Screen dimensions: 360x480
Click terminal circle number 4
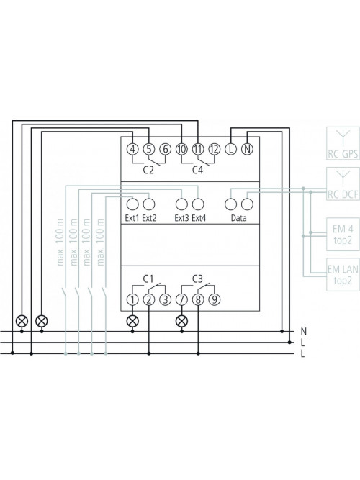click(132, 149)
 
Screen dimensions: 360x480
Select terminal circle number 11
click(198, 149)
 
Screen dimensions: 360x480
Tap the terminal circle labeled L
click(230, 149)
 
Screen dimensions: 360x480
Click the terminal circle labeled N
click(247, 149)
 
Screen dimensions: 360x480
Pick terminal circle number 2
click(149, 299)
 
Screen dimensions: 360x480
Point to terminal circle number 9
click(215, 299)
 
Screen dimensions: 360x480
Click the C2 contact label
click(148, 170)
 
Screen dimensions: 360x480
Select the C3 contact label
click(197, 279)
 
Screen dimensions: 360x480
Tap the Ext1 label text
click(132, 218)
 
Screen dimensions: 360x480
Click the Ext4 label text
click(199, 218)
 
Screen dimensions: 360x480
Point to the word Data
click(238, 218)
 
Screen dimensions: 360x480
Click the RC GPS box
click(343, 143)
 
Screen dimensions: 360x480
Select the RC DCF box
click(343, 184)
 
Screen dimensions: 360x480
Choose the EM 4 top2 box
click(343, 234)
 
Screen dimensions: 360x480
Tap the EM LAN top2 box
click(343, 274)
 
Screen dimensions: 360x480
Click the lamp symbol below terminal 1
click(132, 321)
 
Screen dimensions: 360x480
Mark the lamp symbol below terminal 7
click(181, 321)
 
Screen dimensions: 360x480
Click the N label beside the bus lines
click(303, 332)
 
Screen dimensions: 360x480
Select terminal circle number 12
click(215, 149)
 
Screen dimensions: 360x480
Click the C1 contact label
click(148, 279)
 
